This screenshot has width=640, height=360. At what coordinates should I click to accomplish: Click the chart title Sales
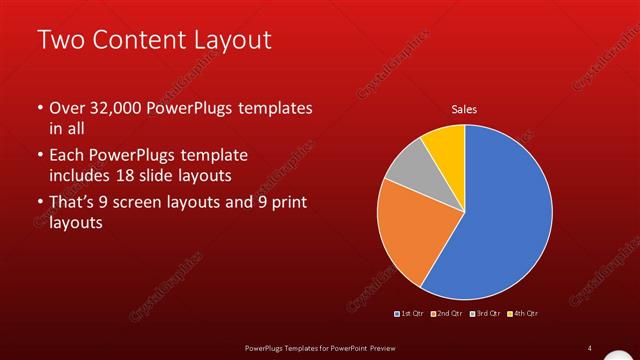pos(464,109)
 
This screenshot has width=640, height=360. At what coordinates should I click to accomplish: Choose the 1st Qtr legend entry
pos(410,314)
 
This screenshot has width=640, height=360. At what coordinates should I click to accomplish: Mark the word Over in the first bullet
pos(68,108)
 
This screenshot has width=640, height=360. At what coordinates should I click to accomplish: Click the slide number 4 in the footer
pos(590,348)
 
